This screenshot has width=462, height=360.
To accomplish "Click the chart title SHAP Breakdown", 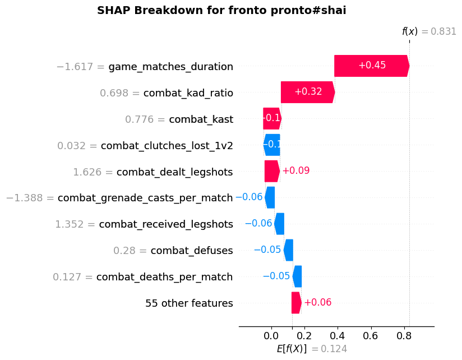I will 221,10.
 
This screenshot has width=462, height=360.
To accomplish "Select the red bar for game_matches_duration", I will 371,66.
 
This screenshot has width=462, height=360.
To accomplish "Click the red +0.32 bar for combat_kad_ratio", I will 307,92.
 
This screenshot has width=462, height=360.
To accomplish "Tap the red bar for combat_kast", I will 272,118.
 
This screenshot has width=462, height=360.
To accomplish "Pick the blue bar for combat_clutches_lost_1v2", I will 272,145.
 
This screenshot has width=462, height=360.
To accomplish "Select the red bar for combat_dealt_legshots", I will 272,171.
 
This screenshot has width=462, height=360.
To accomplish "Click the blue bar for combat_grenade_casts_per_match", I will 270,197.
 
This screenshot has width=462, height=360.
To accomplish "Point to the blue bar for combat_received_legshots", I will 279,224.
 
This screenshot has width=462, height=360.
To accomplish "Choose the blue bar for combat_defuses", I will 288,250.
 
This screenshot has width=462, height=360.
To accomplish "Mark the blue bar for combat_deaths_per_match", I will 297,276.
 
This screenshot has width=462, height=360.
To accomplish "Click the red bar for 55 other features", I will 296,303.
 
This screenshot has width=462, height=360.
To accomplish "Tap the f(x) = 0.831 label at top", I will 429,32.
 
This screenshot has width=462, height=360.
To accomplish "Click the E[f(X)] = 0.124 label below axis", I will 312,349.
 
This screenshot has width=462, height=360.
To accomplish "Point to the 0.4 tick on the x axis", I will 338,335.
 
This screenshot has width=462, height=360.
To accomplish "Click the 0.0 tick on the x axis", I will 271,335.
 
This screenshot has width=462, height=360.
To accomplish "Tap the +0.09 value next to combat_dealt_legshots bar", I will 295,171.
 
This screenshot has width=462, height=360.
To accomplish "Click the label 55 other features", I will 189,303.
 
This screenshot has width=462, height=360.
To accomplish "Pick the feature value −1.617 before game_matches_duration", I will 80,67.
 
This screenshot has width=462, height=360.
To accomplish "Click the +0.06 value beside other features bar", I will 317,303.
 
